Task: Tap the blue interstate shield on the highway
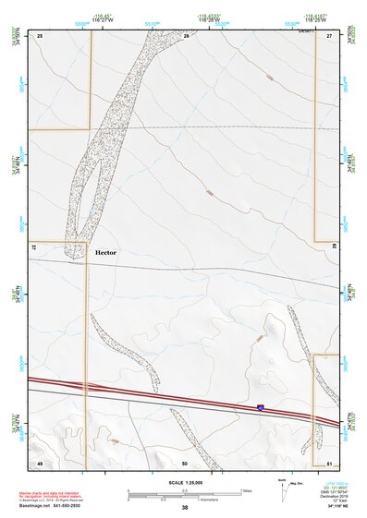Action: (x=261, y=406)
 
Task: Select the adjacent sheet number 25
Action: (x=40, y=35)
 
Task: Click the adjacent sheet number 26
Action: (x=186, y=35)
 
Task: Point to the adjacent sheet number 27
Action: (x=329, y=35)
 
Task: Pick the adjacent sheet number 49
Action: (x=40, y=462)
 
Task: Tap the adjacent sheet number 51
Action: (x=329, y=462)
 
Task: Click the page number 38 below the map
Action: (x=185, y=507)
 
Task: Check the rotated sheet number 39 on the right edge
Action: (x=333, y=247)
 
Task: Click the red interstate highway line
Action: (x=166, y=394)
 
